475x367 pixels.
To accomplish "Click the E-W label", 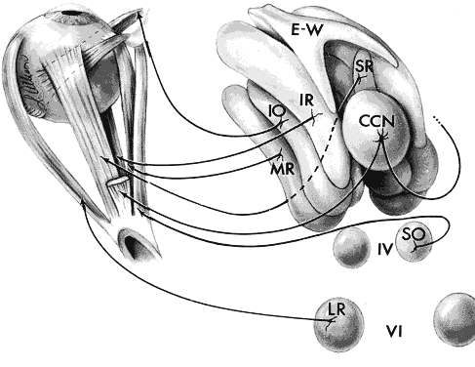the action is tap(307, 30).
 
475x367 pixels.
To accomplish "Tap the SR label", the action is tap(364, 66).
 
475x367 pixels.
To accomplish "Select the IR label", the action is tap(306, 101).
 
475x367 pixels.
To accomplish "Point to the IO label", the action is tap(277, 111).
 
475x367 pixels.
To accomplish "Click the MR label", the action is tap(282, 169).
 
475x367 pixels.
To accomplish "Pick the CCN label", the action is tap(376, 121).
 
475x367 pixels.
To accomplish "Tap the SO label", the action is tap(414, 233).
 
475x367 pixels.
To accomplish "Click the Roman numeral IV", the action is tap(385, 250).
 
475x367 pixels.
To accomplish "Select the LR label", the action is tap(336, 309).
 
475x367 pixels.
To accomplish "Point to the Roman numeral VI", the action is tap(394, 332).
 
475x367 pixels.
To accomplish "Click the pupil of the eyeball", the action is tap(70, 13).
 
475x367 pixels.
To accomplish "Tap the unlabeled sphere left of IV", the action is tap(352, 247).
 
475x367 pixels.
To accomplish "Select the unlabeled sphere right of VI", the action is tap(455, 319).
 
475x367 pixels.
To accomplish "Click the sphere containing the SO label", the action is tap(415, 243).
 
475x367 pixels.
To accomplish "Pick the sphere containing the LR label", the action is tap(338, 325).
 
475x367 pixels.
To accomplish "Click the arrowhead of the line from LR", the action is tap(83, 201).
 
